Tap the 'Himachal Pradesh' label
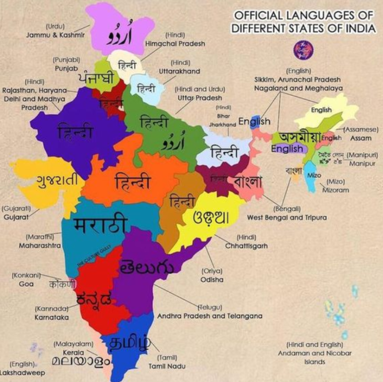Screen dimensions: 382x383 (175, 44)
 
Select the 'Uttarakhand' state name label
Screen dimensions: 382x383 (179, 71)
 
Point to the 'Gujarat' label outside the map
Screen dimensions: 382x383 (15, 217)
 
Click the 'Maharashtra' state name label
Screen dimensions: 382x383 (40, 246)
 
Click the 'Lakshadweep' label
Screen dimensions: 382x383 (22, 373)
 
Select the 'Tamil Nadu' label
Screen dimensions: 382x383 (167, 366)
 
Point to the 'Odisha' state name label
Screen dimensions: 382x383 (211, 280)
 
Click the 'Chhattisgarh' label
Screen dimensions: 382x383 (246, 246)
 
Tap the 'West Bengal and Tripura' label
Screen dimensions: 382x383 (287, 217)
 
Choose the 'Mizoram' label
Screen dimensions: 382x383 (335, 190)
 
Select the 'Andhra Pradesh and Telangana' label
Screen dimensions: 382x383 (209, 316)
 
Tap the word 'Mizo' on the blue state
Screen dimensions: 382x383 (314, 176)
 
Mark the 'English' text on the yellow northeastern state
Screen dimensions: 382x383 (321, 110)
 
